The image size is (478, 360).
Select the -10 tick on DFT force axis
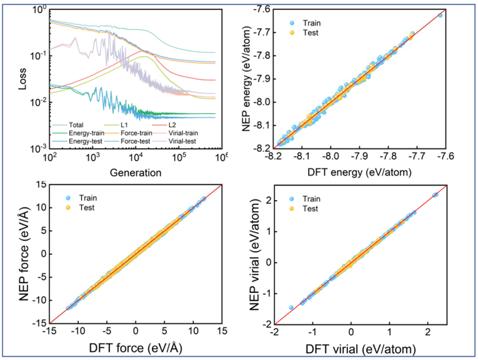78,334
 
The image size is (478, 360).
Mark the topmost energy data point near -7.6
440,15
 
